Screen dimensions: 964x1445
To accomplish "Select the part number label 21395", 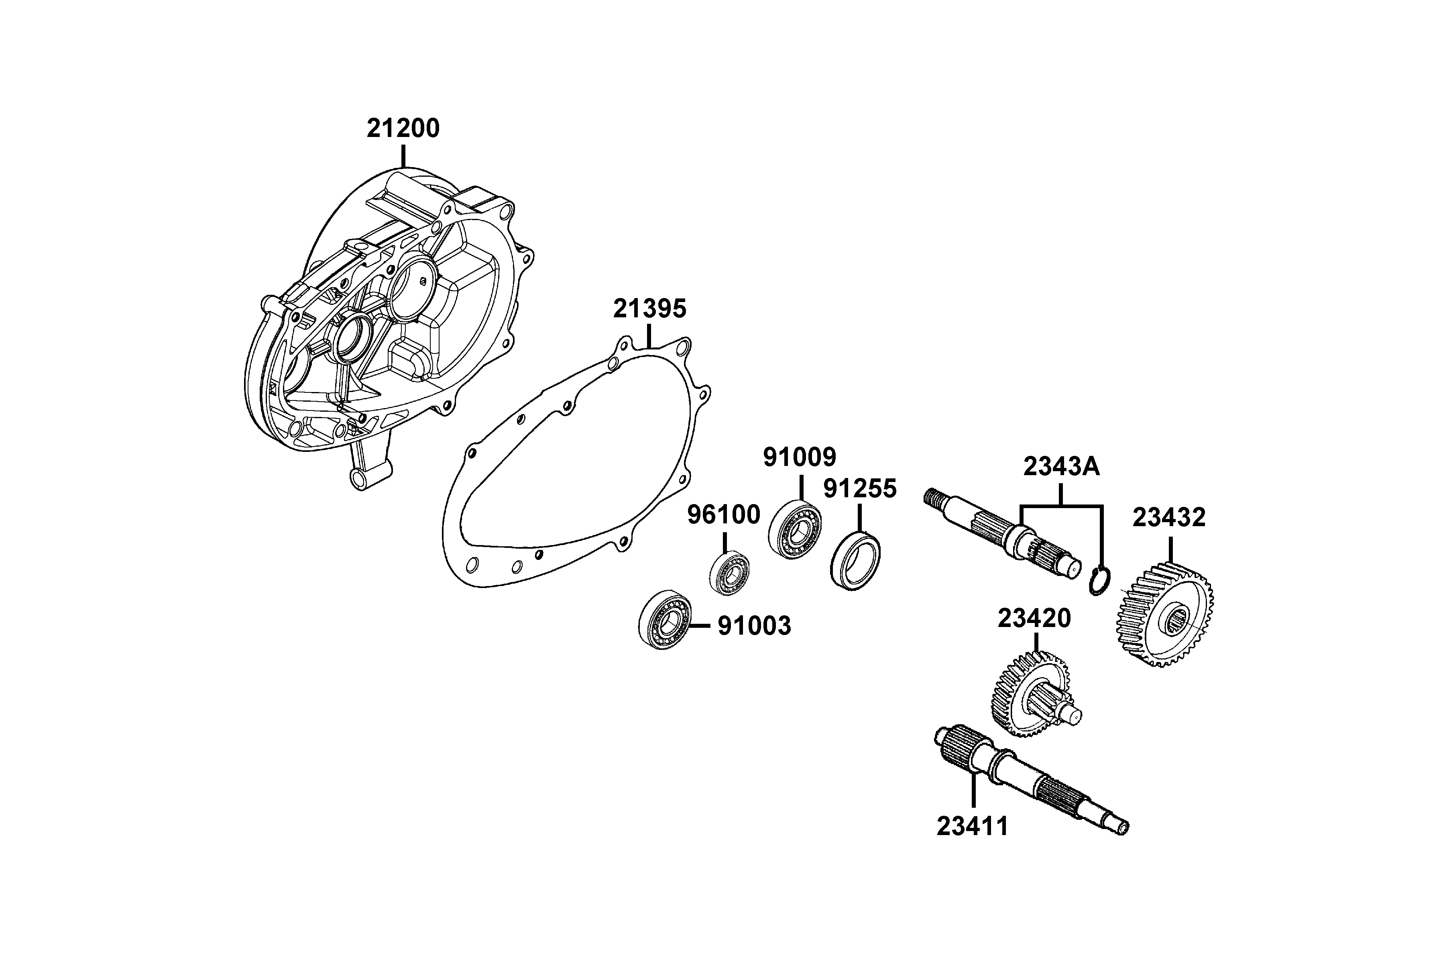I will pyautogui.click(x=649, y=308).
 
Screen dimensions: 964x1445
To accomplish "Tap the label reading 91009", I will pyautogui.click(x=800, y=457).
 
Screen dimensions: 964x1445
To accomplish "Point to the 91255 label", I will pyautogui.click(x=860, y=489).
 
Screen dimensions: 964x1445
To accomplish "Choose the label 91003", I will pyautogui.click(x=755, y=627).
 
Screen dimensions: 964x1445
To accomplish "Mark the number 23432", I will pyautogui.click(x=1169, y=518).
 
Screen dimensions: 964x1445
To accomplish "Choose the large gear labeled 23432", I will pyautogui.click(x=1164, y=615).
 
